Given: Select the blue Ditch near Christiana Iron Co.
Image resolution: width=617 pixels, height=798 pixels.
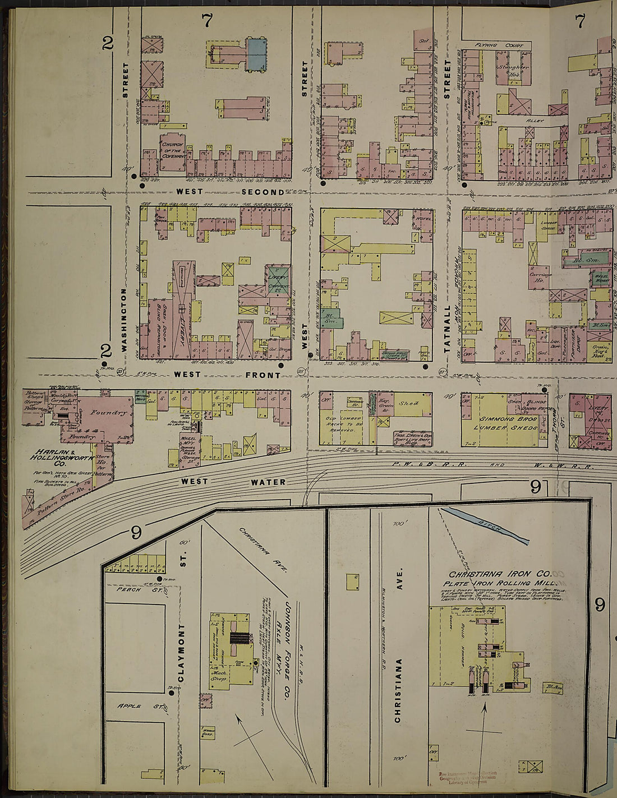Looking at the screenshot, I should pos(485,525).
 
